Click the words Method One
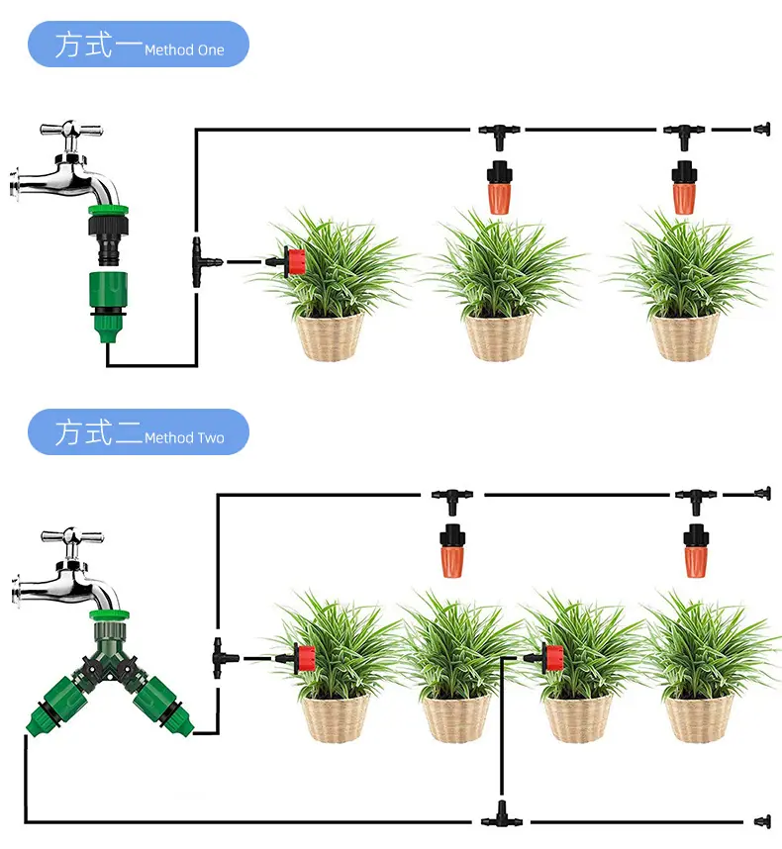pyautogui.click(x=184, y=50)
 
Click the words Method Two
pyautogui.click(x=184, y=437)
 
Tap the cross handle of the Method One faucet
pyautogui.click(x=70, y=130)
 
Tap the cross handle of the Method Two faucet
pyautogui.click(x=71, y=536)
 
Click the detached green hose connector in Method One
pyautogui.click(x=108, y=307)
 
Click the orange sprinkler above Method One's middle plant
pyautogui.click(x=499, y=187)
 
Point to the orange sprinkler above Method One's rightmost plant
pyautogui.click(x=684, y=187)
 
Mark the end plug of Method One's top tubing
pyautogui.click(x=762, y=130)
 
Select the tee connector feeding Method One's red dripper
pyautogui.click(x=206, y=262)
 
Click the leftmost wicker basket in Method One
pyautogui.click(x=330, y=336)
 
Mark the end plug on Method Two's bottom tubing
pyautogui.click(x=762, y=822)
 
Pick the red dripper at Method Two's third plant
pyautogui.click(x=548, y=658)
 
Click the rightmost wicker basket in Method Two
pyautogui.click(x=699, y=718)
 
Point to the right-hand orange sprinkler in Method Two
pyautogui.click(x=696, y=551)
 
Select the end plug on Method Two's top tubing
pyautogui.click(x=762, y=494)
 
